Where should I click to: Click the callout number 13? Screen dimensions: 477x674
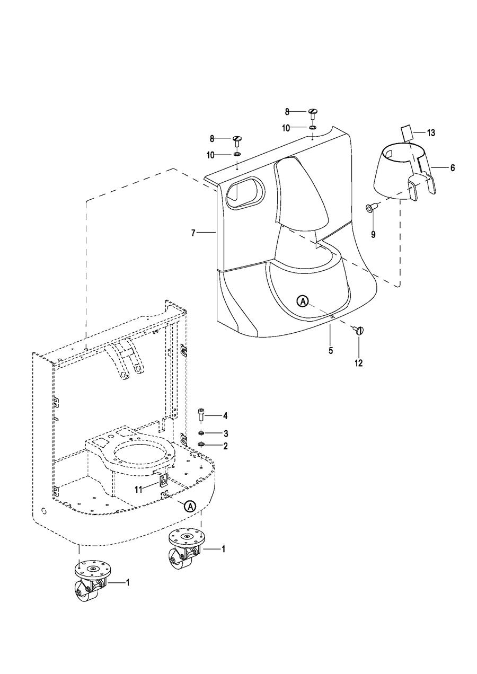(431, 132)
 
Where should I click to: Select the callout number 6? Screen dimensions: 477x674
(452, 167)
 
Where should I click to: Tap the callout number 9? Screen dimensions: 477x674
(373, 234)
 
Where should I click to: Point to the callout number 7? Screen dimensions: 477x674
(193, 233)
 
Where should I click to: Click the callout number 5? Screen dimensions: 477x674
(331, 351)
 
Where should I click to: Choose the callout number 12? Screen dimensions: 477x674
(359, 363)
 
